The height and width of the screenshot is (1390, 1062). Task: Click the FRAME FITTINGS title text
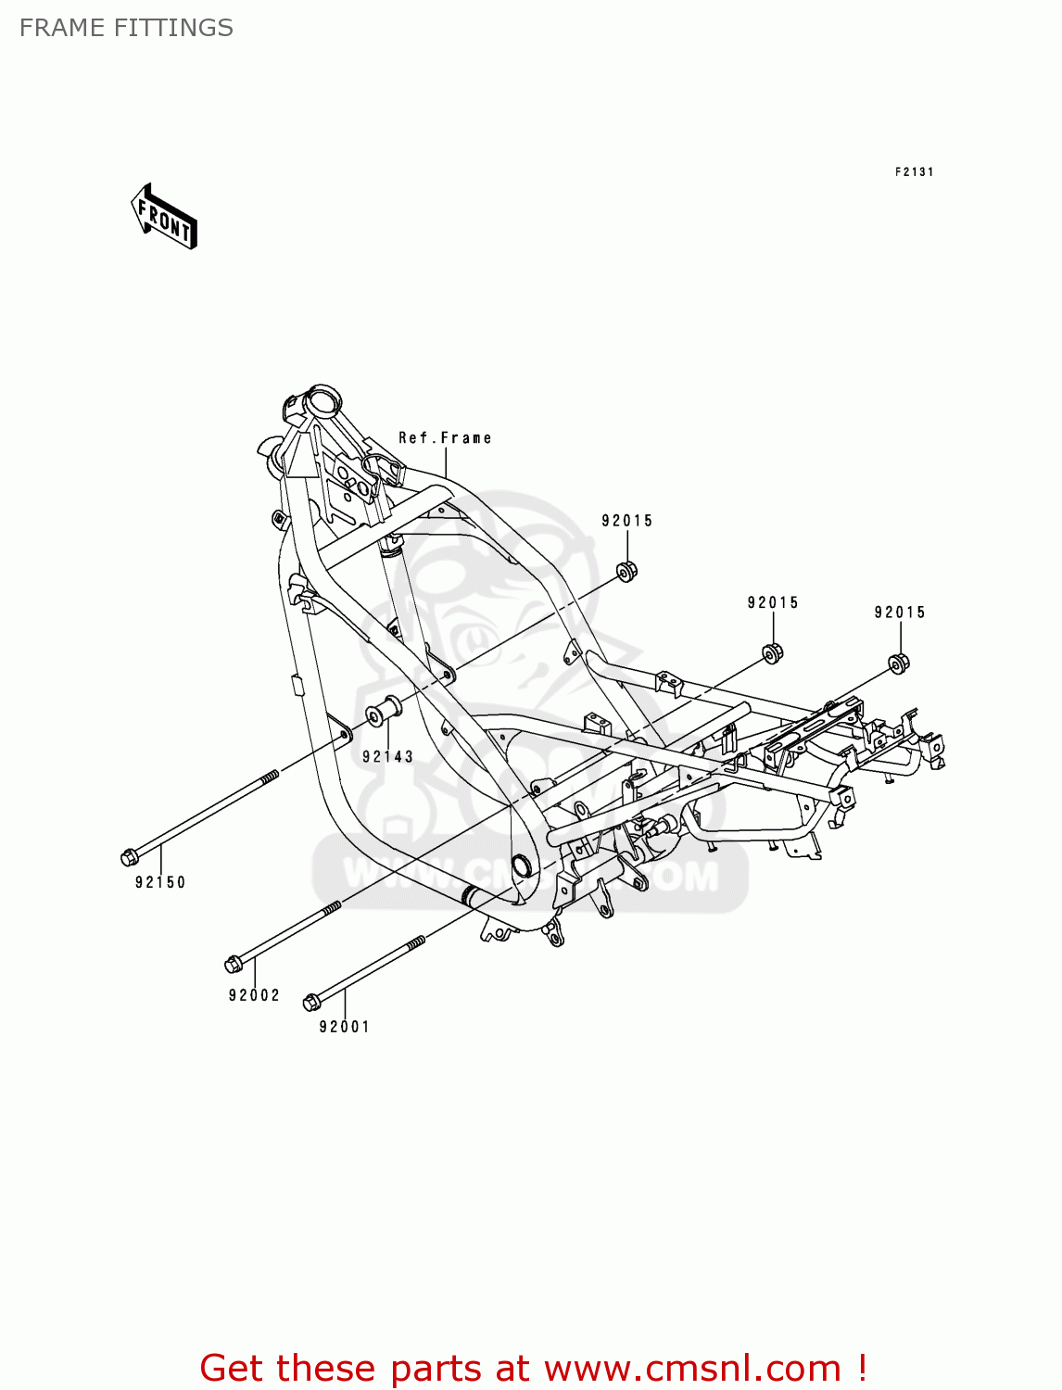[x=126, y=28]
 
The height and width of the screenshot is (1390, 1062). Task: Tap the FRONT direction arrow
[x=165, y=218]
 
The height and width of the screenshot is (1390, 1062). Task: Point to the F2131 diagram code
[x=914, y=171]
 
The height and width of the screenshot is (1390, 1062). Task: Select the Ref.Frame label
[x=445, y=437]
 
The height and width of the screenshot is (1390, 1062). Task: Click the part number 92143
[x=387, y=756]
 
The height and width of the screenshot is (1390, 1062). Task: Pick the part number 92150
[x=160, y=882]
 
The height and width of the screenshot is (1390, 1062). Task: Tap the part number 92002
[x=254, y=995]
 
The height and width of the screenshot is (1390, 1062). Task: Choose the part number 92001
[x=345, y=1027]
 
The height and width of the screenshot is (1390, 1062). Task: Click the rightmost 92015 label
[x=900, y=613]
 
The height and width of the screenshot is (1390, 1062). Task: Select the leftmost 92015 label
[x=627, y=521]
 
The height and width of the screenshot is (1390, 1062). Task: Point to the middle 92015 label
[x=773, y=603]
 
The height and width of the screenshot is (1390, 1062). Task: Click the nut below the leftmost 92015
[x=627, y=570]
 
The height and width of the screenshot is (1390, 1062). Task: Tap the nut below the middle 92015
[x=772, y=652]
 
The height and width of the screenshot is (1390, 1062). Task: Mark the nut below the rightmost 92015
[x=899, y=663]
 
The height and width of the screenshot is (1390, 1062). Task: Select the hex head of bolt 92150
[x=129, y=857]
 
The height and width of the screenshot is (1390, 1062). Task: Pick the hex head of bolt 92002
[x=233, y=965]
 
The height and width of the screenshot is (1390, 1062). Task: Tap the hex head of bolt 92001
[x=311, y=1002]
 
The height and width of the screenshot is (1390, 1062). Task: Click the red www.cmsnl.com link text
[x=692, y=1368]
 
